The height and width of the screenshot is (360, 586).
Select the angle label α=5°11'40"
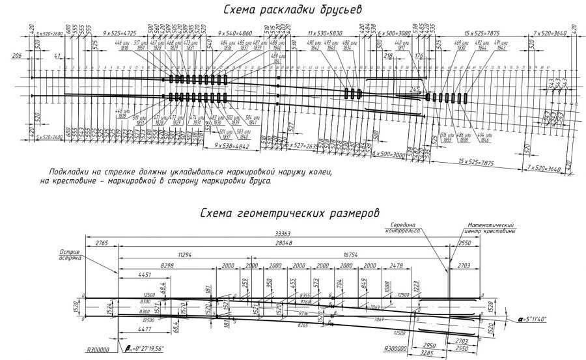pos(532,320)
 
